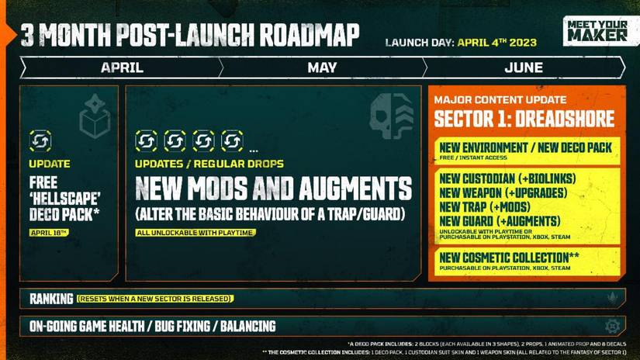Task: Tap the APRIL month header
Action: pos(122,67)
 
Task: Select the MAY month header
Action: pos(322,67)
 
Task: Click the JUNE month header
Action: pos(524,67)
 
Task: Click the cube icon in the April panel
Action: pos(94,117)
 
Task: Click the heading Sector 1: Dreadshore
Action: pos(524,119)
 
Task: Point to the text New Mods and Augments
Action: pos(273,188)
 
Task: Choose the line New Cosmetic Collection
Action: pos(509,257)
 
